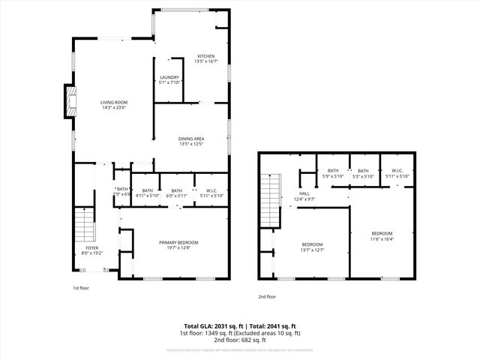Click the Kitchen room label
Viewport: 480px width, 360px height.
pos(206,59)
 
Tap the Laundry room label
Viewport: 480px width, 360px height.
pos(168,79)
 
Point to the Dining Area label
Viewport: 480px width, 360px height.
pos(191,141)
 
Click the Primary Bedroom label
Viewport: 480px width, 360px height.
pos(178,244)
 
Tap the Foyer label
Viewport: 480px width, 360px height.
pos(91,250)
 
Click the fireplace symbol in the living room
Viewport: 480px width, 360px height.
pos(70,101)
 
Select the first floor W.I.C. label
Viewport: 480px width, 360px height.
pos(210,193)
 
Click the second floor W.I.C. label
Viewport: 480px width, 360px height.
pos(397,173)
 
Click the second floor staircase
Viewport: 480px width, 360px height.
pos(269,199)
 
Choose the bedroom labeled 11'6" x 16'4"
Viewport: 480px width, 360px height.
pos(382,237)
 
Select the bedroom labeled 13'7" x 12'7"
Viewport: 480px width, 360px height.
pos(312,247)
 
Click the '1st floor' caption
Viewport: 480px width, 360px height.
pos(81,288)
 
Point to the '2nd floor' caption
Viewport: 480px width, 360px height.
pos(267,297)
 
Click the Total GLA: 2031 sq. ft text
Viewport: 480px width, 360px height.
pos(214,327)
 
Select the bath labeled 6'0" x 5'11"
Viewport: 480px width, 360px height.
pos(176,193)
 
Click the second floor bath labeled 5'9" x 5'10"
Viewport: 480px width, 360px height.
pos(334,173)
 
